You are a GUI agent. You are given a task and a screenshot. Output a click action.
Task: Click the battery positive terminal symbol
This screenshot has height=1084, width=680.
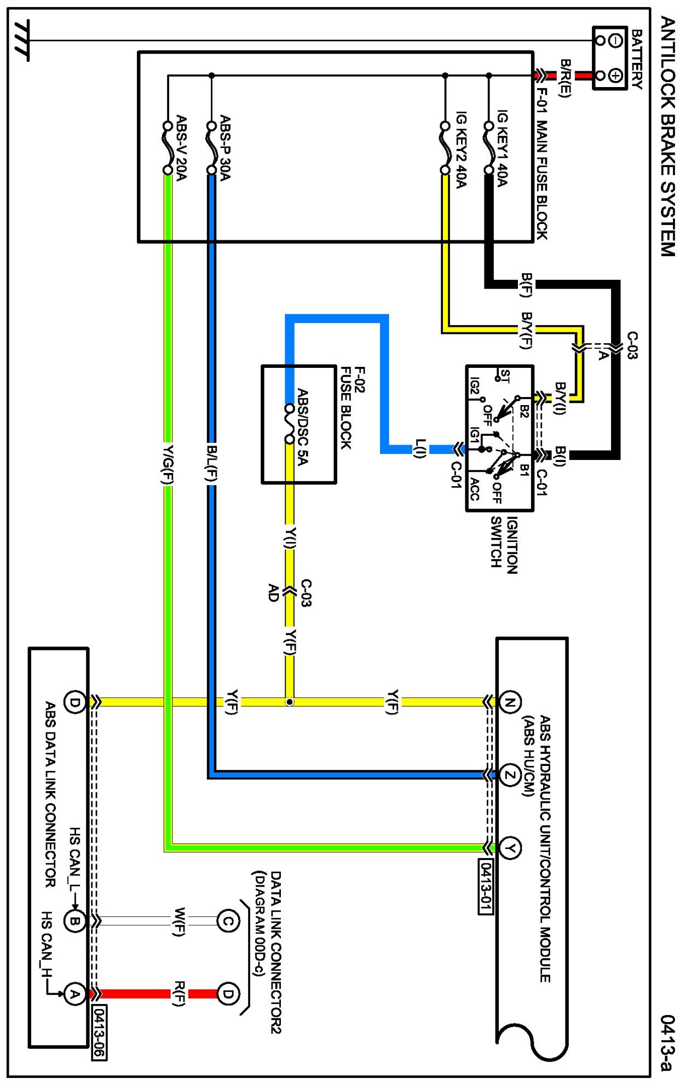point(615,76)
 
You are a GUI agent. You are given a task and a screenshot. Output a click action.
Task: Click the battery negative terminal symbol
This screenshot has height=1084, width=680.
point(615,40)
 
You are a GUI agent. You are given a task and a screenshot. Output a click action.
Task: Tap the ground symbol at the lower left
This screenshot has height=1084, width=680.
point(22,41)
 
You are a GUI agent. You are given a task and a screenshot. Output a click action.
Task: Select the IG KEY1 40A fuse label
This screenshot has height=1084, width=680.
point(502,148)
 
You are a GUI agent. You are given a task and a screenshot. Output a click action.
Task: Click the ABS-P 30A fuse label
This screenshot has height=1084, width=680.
point(225,147)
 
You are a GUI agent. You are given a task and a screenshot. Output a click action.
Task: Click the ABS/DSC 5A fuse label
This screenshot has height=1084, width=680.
point(303,426)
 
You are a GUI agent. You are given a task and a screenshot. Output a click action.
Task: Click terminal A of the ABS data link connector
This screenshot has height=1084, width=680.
point(74,994)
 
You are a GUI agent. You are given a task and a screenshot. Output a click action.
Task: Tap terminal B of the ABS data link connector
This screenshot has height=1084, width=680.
point(74,921)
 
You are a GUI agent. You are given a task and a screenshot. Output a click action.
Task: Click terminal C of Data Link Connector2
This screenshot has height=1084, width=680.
point(228,921)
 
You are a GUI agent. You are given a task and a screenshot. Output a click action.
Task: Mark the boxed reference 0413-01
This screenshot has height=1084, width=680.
point(486,887)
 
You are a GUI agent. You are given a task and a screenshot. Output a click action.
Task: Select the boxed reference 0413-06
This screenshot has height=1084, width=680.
point(100,1033)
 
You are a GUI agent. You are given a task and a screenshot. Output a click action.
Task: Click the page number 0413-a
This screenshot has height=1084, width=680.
point(667,1043)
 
